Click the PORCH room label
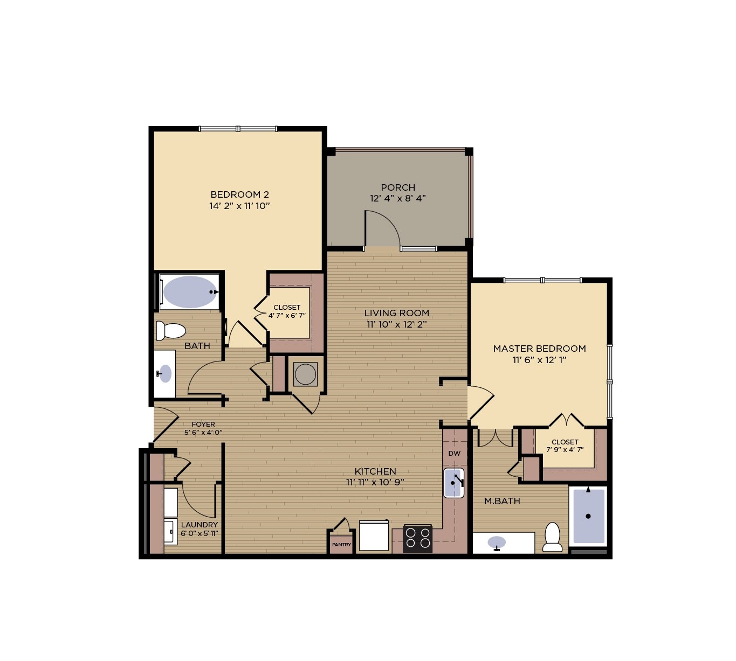point(398,187)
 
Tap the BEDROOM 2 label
point(239,194)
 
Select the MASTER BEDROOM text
point(539,349)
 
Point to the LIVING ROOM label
point(396,313)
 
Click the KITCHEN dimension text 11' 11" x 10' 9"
point(375,483)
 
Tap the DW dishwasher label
point(455,453)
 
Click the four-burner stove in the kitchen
point(418,538)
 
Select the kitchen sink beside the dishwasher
point(454,483)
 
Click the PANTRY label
point(341,545)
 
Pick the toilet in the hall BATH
point(170,330)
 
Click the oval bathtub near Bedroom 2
point(190,292)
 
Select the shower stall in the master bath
point(588,516)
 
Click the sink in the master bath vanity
point(497,542)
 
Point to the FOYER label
point(203,425)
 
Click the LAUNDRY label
point(200,525)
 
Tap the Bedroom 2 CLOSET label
point(287,308)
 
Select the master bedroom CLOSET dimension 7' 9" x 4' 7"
point(565,450)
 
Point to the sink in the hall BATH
point(165,373)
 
